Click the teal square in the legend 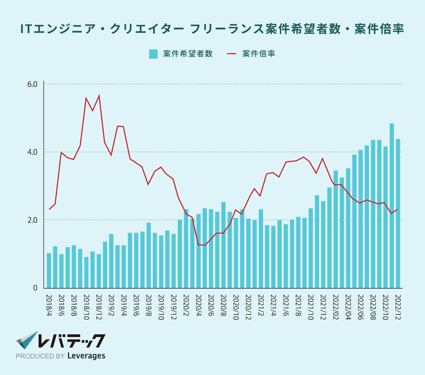click(x=153, y=54)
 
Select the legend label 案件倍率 click(x=259, y=54)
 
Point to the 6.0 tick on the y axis click(x=32, y=84)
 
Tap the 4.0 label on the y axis click(x=32, y=152)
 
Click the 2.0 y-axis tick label click(x=32, y=220)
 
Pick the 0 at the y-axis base click(x=35, y=288)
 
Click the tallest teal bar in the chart click(x=392, y=206)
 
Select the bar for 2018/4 click(x=49, y=271)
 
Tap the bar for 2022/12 click(x=398, y=213)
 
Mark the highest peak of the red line click(x=99, y=96)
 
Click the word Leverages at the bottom click(x=86, y=356)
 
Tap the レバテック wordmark click(x=71, y=341)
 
